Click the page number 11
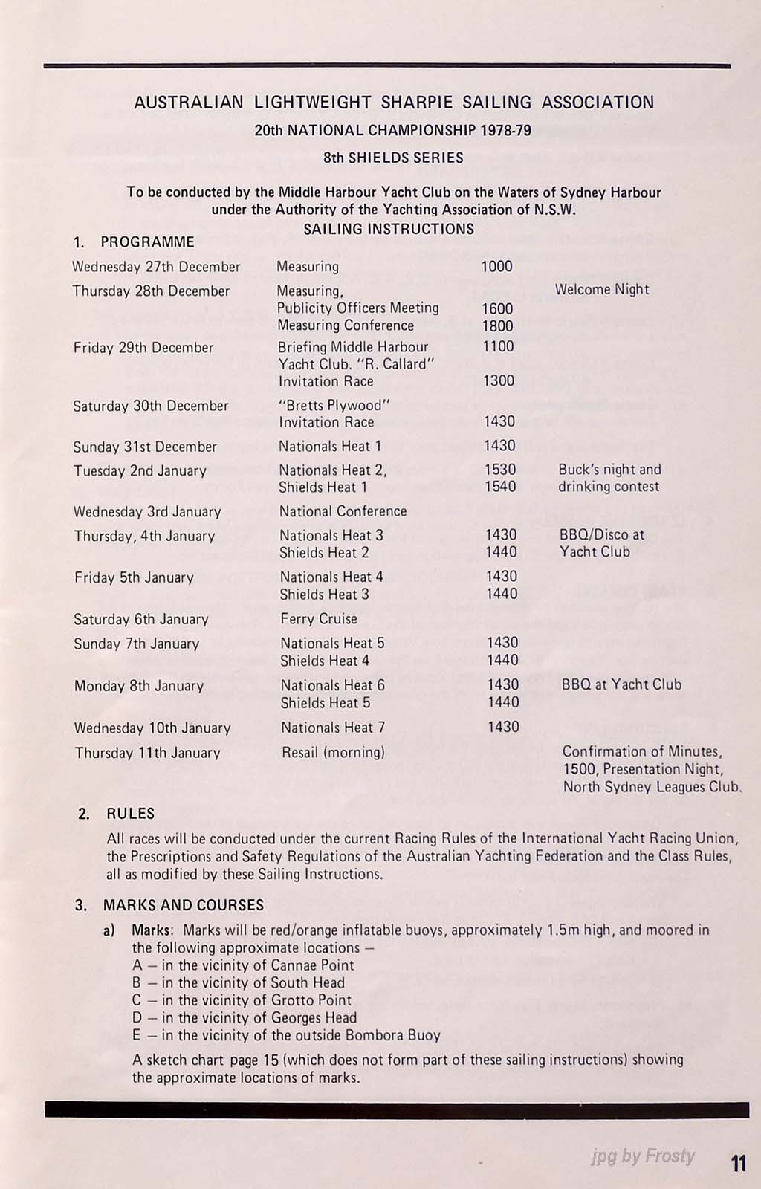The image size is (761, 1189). pos(739,1162)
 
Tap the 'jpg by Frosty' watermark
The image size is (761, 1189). pos(643,1156)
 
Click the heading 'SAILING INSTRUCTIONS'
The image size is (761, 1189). pos(389,229)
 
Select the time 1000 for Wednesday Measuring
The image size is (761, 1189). pos(496,266)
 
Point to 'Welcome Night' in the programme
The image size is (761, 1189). pos(602,289)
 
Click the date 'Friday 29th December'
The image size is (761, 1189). pos(143,348)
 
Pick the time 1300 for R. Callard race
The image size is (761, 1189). pos(498,380)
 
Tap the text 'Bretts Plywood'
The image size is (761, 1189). pos(334,405)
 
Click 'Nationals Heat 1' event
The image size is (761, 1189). pos(330,446)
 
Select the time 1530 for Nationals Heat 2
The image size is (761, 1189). pos(499,470)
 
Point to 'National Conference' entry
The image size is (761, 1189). pos(343,511)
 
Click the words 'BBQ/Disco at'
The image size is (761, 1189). pos(602,534)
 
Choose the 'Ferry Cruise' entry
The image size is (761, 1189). pos(319,618)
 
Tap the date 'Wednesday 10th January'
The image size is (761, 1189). pos(152,728)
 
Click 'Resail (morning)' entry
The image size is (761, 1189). pos(333,752)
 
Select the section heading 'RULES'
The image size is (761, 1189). pos(131,813)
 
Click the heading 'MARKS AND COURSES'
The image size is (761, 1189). pos(184,905)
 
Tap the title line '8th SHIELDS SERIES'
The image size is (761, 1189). pos(393,158)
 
